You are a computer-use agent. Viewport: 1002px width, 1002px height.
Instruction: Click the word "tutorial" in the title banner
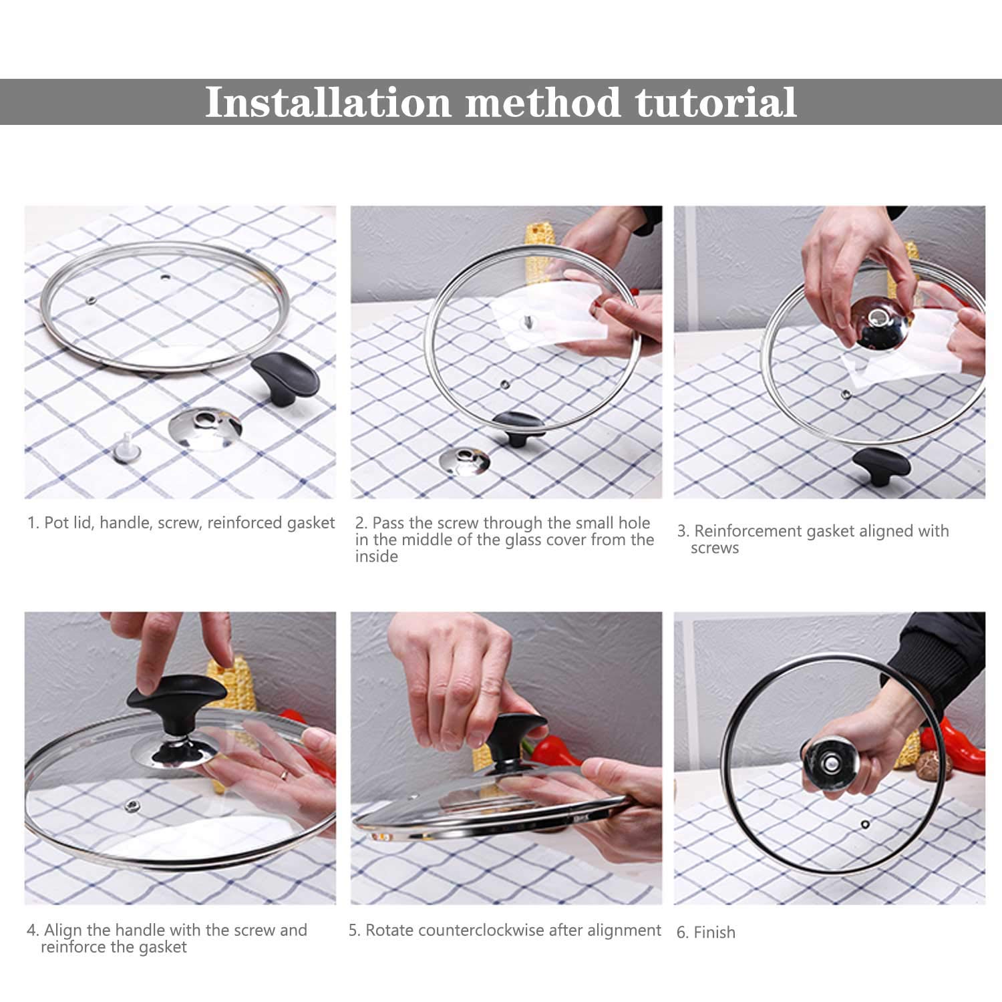[715, 102]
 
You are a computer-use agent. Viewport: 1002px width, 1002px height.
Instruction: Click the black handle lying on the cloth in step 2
[519, 428]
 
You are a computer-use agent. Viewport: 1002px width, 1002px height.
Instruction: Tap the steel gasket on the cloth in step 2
[465, 461]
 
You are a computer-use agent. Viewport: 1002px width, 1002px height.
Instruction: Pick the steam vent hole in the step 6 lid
[865, 822]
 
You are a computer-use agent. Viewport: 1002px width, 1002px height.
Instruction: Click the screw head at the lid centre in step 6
[830, 762]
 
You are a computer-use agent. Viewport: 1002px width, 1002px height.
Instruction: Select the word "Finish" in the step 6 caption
[715, 933]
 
